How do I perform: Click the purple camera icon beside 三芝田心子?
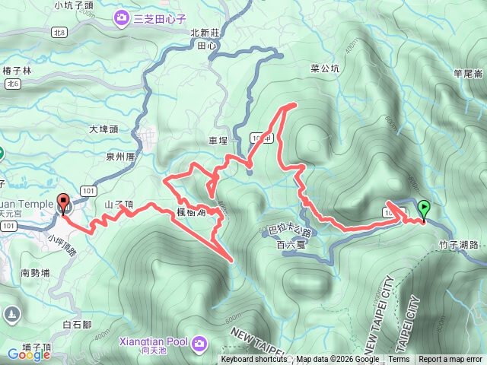(122, 17)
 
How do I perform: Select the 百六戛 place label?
(291, 245)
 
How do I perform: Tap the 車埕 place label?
(218, 141)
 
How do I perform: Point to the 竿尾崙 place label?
(468, 74)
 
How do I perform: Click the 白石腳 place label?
(77, 325)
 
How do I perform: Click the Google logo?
(28, 354)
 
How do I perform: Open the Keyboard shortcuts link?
(254, 360)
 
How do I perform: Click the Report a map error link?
(450, 360)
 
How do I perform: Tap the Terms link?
(399, 360)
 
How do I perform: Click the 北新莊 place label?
(205, 33)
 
